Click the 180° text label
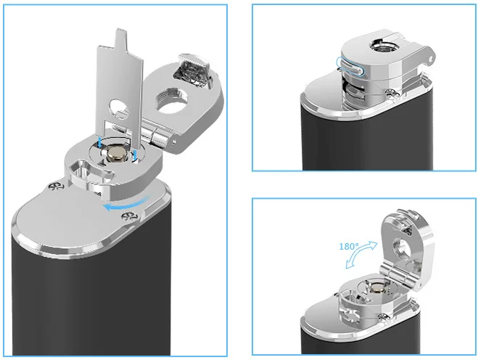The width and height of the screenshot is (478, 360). [350, 245]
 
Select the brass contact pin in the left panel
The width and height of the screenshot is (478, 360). [117, 152]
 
